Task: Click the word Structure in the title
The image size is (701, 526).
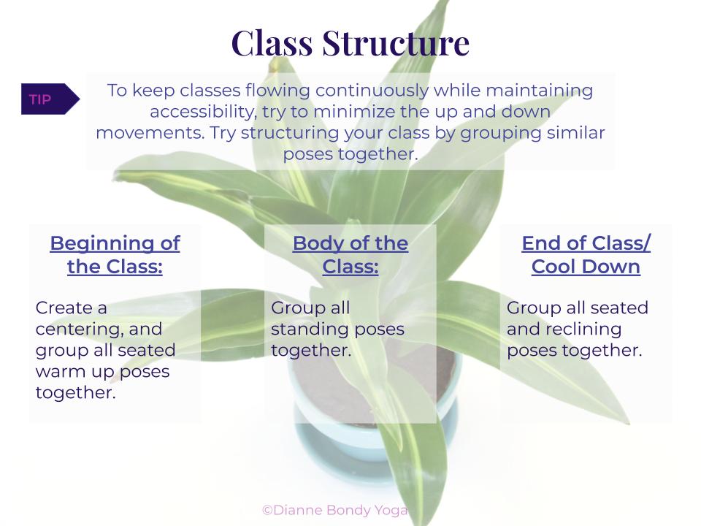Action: (396, 43)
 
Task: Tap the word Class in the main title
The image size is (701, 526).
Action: (272, 43)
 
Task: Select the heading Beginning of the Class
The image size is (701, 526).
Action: (115, 255)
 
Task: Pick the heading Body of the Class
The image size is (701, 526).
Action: (350, 255)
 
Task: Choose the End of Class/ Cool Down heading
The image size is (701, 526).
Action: (586, 255)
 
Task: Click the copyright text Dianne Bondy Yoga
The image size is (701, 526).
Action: (335, 510)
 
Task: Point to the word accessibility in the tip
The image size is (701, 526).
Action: (204, 112)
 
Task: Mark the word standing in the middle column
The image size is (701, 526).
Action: (304, 329)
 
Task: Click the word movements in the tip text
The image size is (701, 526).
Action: (150, 133)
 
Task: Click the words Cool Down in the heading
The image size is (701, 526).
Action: (586, 267)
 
